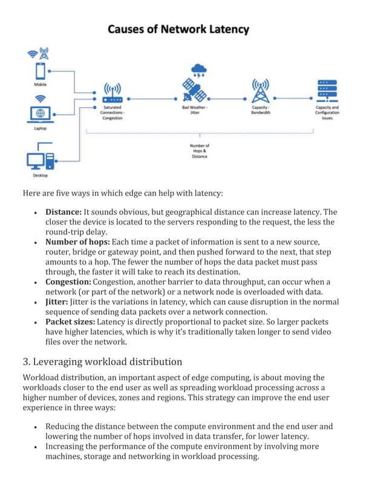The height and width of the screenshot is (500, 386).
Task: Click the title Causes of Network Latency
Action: (x=178, y=28)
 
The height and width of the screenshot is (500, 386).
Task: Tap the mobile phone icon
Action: (x=40, y=71)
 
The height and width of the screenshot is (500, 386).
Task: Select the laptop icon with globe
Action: (x=40, y=114)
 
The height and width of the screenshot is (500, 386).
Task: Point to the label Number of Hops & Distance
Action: (x=199, y=151)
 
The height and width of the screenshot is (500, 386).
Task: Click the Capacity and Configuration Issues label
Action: (x=327, y=113)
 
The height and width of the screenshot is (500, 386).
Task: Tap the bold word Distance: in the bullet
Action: (x=64, y=212)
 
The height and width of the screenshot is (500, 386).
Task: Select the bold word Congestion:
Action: (x=68, y=282)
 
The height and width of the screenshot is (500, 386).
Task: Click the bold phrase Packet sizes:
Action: (x=70, y=322)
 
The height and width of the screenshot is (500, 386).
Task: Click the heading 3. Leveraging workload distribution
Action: (x=102, y=361)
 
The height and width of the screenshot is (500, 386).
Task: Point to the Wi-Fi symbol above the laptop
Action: (x=40, y=98)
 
